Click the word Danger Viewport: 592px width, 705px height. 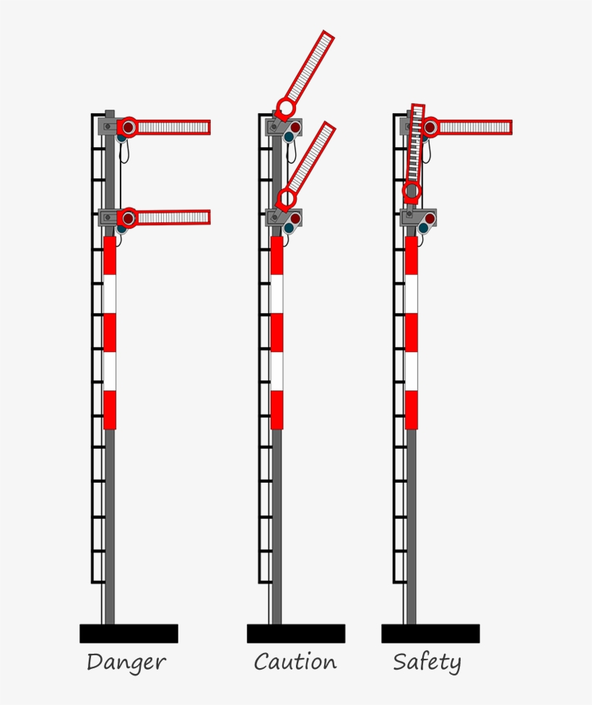[x=126, y=662]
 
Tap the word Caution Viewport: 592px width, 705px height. [x=295, y=662]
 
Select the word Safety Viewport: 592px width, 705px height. [x=427, y=662]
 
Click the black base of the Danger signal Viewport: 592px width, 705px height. [x=129, y=634]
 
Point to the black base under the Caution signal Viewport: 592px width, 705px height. [x=296, y=634]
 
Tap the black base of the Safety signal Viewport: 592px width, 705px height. [x=430, y=634]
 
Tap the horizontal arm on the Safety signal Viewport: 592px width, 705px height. [x=474, y=128]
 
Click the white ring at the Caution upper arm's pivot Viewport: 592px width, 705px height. [x=285, y=109]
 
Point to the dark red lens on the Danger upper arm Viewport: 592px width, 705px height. [x=129, y=128]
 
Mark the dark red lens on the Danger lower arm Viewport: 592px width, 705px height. [x=129, y=217]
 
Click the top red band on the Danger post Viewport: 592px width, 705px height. [x=110, y=255]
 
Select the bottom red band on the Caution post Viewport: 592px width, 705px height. [x=277, y=410]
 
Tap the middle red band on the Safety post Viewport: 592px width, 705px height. [x=412, y=333]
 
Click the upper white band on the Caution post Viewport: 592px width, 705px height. [x=277, y=294]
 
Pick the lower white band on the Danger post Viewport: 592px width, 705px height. [x=110, y=371]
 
